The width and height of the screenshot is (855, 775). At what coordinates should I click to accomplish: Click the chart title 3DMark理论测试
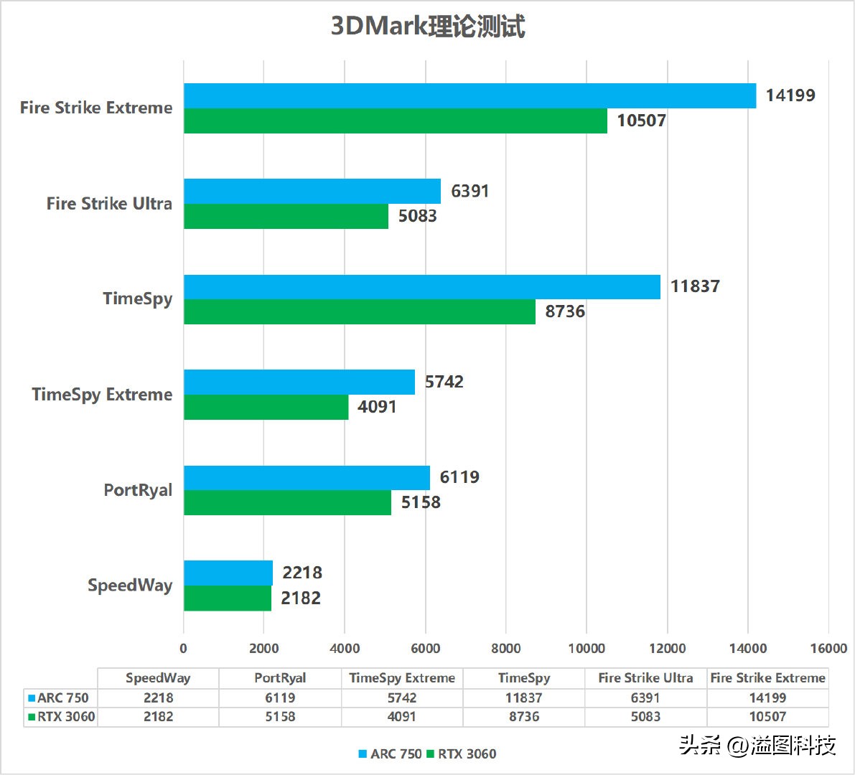(x=428, y=26)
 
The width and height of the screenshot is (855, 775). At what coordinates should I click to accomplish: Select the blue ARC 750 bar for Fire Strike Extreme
(x=469, y=96)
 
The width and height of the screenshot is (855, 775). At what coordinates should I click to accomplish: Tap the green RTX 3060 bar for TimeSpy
(x=359, y=311)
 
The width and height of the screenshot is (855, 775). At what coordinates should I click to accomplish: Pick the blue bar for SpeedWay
(x=228, y=573)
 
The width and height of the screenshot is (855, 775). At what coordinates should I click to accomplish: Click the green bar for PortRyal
(x=287, y=502)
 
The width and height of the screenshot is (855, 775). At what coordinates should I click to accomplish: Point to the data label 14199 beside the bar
(x=790, y=95)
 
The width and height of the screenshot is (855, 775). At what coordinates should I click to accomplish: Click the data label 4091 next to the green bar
(x=377, y=407)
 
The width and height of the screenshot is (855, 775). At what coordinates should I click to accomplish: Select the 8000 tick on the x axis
(x=505, y=649)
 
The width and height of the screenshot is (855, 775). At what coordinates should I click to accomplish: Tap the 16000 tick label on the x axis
(x=828, y=649)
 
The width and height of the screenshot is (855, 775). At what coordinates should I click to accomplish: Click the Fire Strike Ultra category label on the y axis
(x=109, y=204)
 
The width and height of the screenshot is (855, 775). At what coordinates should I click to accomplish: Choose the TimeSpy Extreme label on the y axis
(x=102, y=395)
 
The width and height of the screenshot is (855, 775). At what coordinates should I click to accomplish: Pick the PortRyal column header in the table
(x=280, y=678)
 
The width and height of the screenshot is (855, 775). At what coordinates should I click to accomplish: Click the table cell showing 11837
(x=524, y=697)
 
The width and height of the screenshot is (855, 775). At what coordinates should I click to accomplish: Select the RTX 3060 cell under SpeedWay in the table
(x=158, y=716)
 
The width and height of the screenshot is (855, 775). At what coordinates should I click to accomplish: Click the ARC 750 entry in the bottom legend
(x=391, y=753)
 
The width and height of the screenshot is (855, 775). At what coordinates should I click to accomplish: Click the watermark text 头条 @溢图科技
(x=757, y=746)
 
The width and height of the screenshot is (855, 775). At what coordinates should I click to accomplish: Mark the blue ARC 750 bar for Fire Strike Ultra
(x=312, y=192)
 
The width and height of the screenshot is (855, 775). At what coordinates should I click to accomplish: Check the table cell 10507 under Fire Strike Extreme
(x=767, y=716)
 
